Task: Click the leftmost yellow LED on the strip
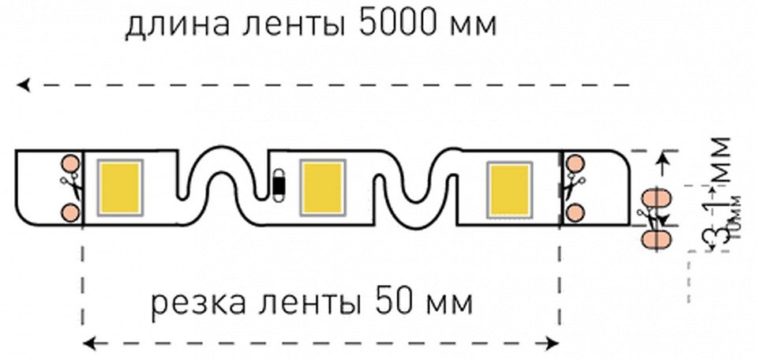[119, 186]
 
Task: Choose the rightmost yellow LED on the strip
[511, 187]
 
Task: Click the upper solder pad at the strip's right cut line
[574, 163]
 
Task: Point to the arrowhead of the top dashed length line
[24, 84]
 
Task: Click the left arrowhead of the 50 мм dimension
[88, 343]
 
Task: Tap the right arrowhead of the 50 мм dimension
[554, 343]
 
